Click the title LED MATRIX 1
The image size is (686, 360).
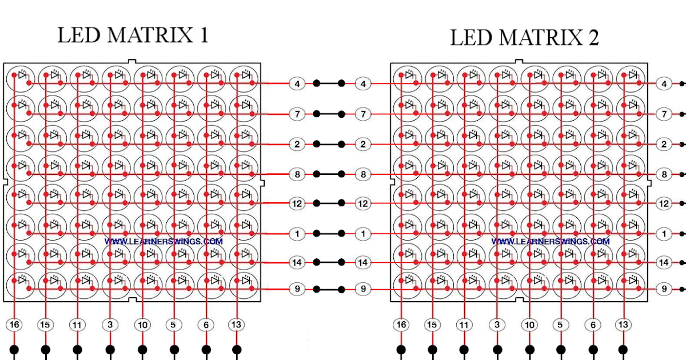[x=133, y=35]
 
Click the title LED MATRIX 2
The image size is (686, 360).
[x=524, y=38]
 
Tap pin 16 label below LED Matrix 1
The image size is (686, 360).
[x=15, y=325]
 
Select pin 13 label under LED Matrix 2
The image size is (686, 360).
[x=623, y=325]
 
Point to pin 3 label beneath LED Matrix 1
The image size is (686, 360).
[x=110, y=325]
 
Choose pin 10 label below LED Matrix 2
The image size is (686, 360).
[x=530, y=325]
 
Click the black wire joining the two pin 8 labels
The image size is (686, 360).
[x=329, y=174]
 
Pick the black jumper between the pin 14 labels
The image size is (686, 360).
[x=329, y=262]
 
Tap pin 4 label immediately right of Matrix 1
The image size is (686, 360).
[x=297, y=84]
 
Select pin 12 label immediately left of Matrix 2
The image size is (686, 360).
[x=362, y=203]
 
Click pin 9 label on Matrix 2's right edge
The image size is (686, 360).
[x=664, y=289]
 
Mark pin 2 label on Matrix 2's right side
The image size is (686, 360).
[x=664, y=144]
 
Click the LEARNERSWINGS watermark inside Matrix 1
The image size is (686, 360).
[x=163, y=242]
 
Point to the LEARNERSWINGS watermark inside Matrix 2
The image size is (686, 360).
[x=550, y=242]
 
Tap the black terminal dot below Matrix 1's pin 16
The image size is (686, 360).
[x=15, y=349]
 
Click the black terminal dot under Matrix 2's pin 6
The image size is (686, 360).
[x=593, y=349]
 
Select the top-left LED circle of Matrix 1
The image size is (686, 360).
[x=20, y=77]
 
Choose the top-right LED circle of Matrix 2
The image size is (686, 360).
[x=631, y=77]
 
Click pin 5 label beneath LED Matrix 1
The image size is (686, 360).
[x=173, y=325]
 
